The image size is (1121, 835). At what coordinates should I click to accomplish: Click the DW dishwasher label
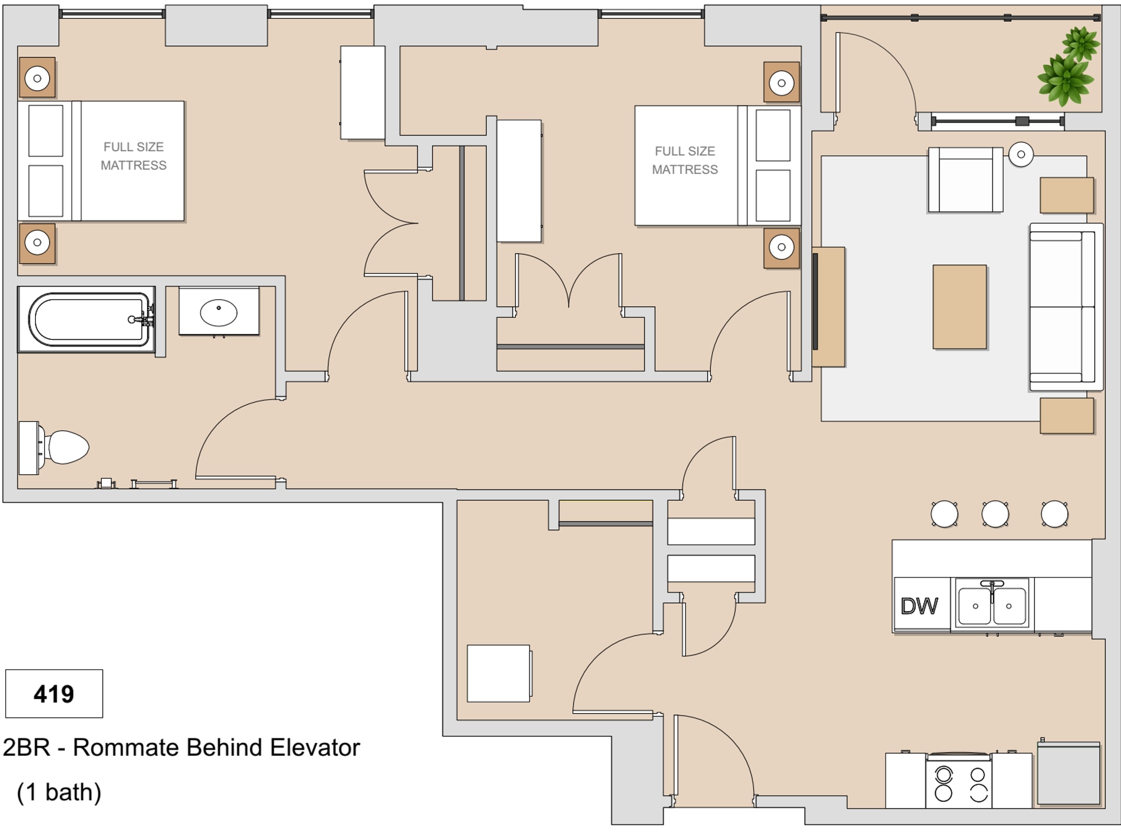[x=919, y=606]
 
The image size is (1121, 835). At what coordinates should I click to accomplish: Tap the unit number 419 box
[x=54, y=694]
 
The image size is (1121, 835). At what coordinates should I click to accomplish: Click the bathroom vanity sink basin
[x=218, y=312]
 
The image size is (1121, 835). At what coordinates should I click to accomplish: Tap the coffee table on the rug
[x=959, y=307]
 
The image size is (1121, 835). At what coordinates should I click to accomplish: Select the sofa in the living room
[x=1064, y=307]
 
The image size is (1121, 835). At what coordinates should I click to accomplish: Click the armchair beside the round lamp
[x=965, y=180]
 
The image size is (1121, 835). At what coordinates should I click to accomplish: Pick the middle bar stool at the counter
[x=995, y=514]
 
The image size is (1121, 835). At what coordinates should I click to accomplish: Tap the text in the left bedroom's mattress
[x=133, y=156]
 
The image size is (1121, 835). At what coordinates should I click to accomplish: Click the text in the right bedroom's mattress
[x=684, y=160]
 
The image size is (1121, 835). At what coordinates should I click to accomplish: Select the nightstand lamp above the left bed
[x=37, y=78]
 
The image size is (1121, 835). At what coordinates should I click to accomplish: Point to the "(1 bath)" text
[x=59, y=792]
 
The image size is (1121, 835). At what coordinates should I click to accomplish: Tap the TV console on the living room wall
[x=828, y=307]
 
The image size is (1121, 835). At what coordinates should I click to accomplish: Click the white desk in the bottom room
[x=499, y=673]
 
